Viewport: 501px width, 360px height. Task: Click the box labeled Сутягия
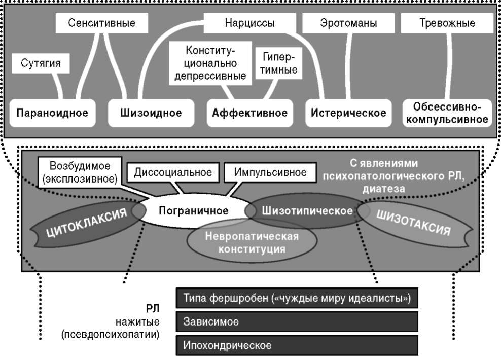coord(41,64)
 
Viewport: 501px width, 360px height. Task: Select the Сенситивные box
coord(101,23)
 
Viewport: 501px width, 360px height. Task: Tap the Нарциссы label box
coord(249,23)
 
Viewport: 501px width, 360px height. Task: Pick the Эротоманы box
coord(347,23)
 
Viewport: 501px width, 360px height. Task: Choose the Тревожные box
coord(447,23)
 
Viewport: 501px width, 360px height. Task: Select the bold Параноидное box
coord(52,113)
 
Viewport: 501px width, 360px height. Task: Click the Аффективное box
coord(249,113)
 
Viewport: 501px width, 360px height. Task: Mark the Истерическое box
coord(348,113)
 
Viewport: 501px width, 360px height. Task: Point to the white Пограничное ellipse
coord(193,210)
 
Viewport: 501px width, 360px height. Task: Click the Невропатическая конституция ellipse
coord(252,242)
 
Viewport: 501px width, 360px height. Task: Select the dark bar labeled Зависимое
coord(297,321)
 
